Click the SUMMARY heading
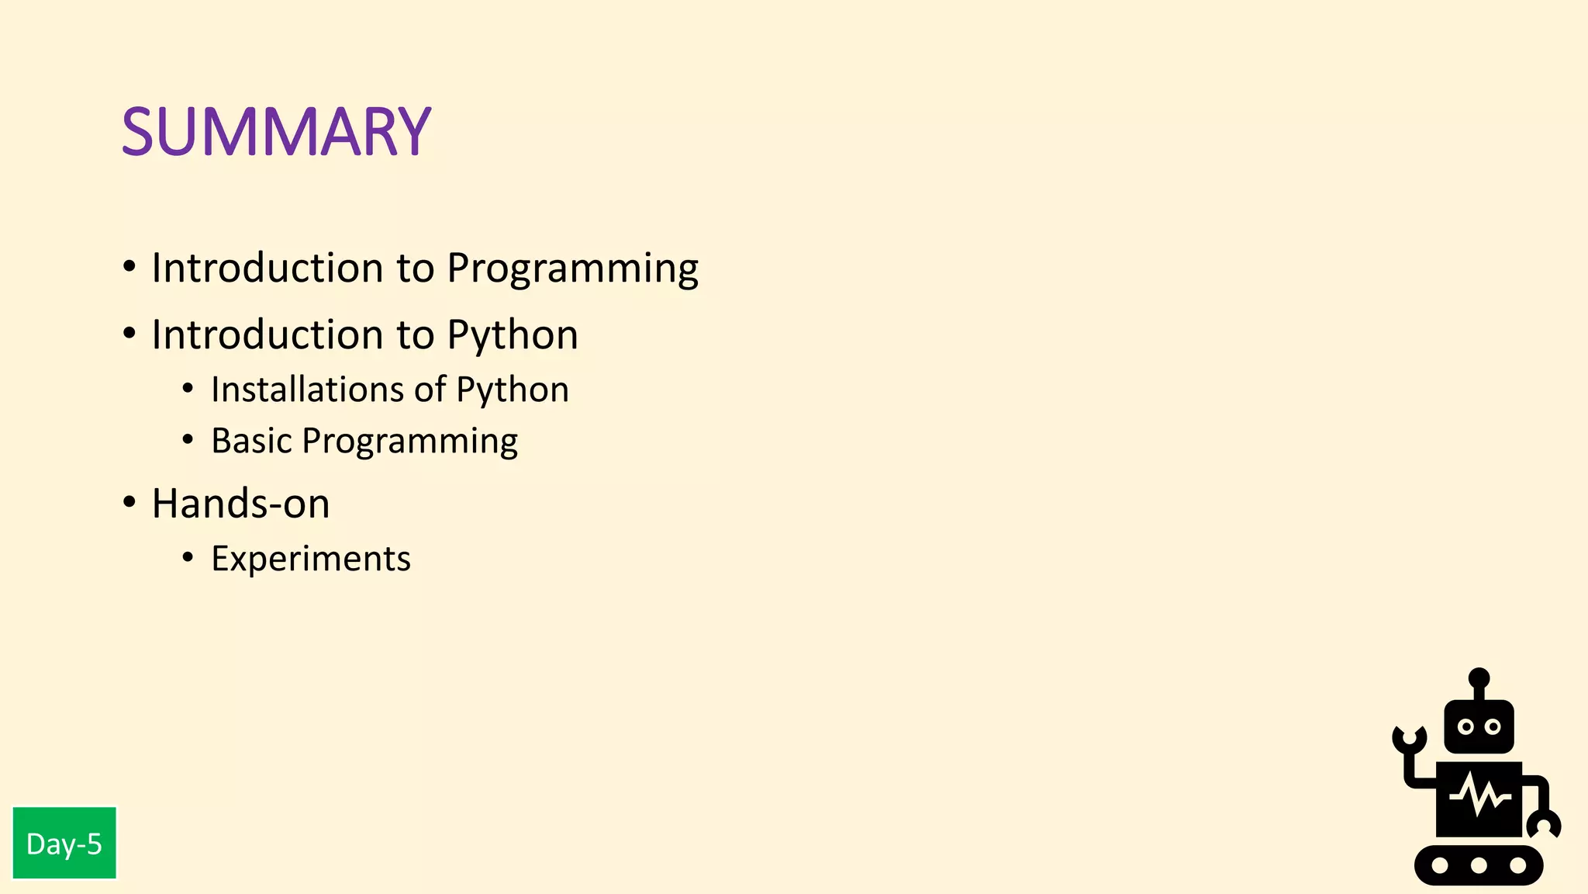pyautogui.click(x=276, y=131)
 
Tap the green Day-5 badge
pyautogui.click(x=64, y=844)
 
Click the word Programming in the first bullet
pyautogui.click(x=572, y=269)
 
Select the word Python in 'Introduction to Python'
pyautogui.click(x=512, y=336)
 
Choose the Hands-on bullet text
pyautogui.click(x=240, y=504)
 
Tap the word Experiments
pyautogui.click(x=310, y=559)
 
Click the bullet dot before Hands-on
pyautogui.click(x=129, y=502)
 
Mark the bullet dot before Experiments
pyautogui.click(x=188, y=557)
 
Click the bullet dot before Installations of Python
pyautogui.click(x=188, y=388)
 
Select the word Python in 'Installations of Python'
pyautogui.click(x=512, y=390)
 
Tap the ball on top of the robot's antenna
pyautogui.click(x=1479, y=677)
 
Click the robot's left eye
pyautogui.click(x=1465, y=727)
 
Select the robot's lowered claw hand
pyautogui.click(x=1543, y=825)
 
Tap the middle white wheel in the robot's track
pyautogui.click(x=1479, y=865)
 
